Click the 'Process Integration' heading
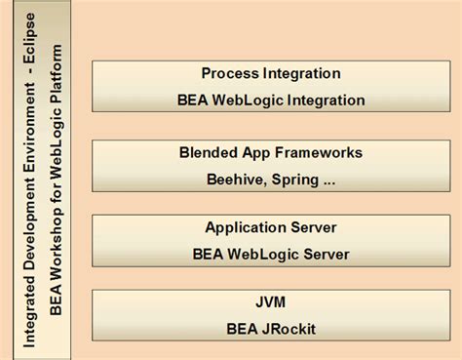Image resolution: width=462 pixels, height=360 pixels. click(x=271, y=73)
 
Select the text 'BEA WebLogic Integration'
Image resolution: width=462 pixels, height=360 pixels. click(x=271, y=100)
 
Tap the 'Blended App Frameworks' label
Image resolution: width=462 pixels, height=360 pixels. click(x=271, y=152)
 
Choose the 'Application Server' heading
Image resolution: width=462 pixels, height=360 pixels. click(x=271, y=227)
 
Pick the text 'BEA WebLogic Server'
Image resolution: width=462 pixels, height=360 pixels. click(x=271, y=254)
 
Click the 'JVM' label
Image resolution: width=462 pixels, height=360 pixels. click(x=271, y=302)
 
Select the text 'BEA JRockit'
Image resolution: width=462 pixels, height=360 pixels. click(x=271, y=329)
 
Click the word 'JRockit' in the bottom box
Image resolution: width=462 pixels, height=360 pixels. click(x=290, y=329)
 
